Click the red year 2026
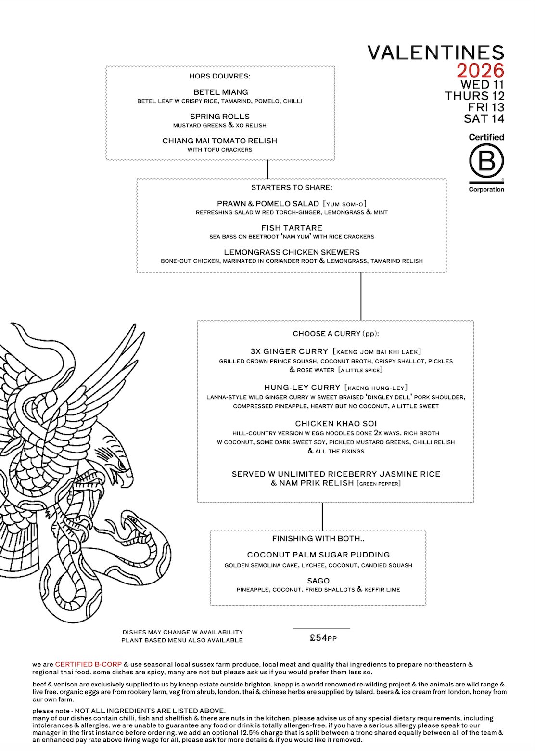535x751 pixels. coord(480,71)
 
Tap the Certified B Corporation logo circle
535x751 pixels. coord(486,161)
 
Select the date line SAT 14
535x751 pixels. coord(484,118)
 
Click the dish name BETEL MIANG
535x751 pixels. coord(220,92)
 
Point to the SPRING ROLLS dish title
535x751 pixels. coord(219,117)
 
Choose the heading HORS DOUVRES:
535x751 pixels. coord(219,76)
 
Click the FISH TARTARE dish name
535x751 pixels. coord(292,228)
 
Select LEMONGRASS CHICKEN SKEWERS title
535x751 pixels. coord(292,252)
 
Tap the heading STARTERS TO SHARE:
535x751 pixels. coord(292,187)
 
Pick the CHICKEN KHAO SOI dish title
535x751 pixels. coord(336,424)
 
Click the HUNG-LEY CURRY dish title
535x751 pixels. coord(302,388)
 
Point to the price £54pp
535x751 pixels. coord(323,638)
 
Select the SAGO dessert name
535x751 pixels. coord(318,581)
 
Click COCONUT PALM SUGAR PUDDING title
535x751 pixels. coord(318,555)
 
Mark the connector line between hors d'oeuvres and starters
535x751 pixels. coord(267,169)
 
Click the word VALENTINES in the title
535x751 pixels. coord(436,52)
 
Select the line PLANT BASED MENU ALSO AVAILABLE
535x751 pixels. coord(182,640)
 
